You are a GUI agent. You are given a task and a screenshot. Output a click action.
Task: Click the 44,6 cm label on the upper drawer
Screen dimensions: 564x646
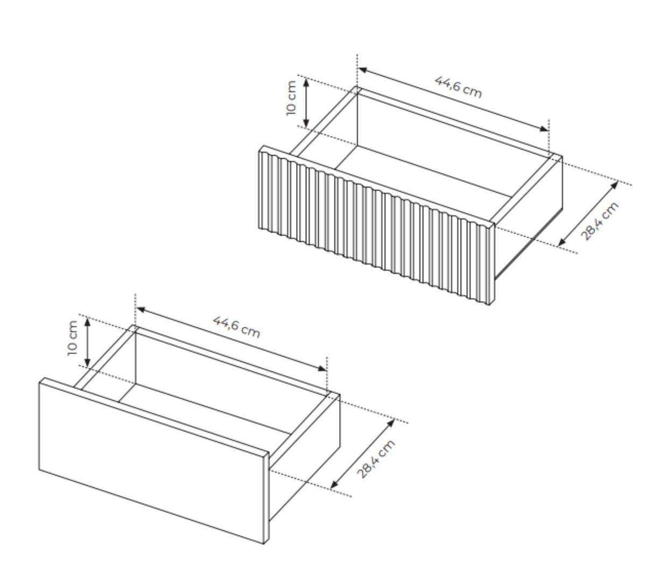pos(458,87)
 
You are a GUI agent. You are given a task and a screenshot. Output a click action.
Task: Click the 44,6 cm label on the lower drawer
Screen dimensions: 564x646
pos(236,327)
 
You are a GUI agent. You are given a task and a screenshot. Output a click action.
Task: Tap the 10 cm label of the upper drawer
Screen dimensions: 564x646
pos(291,97)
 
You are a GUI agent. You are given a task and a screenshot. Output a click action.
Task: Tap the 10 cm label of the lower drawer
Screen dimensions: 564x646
pos(72,338)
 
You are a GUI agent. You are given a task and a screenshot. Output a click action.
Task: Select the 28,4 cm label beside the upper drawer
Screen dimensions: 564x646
pos(600,221)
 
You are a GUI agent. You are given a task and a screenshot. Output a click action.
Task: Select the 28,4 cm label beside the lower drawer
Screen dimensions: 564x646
pos(376,459)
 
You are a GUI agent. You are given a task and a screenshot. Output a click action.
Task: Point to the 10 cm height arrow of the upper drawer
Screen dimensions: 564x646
pos(306,102)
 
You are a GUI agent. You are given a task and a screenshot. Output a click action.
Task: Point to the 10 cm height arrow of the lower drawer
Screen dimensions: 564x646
pos(86,342)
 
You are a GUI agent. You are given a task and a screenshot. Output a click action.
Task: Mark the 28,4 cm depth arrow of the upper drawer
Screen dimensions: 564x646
pos(588,214)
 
